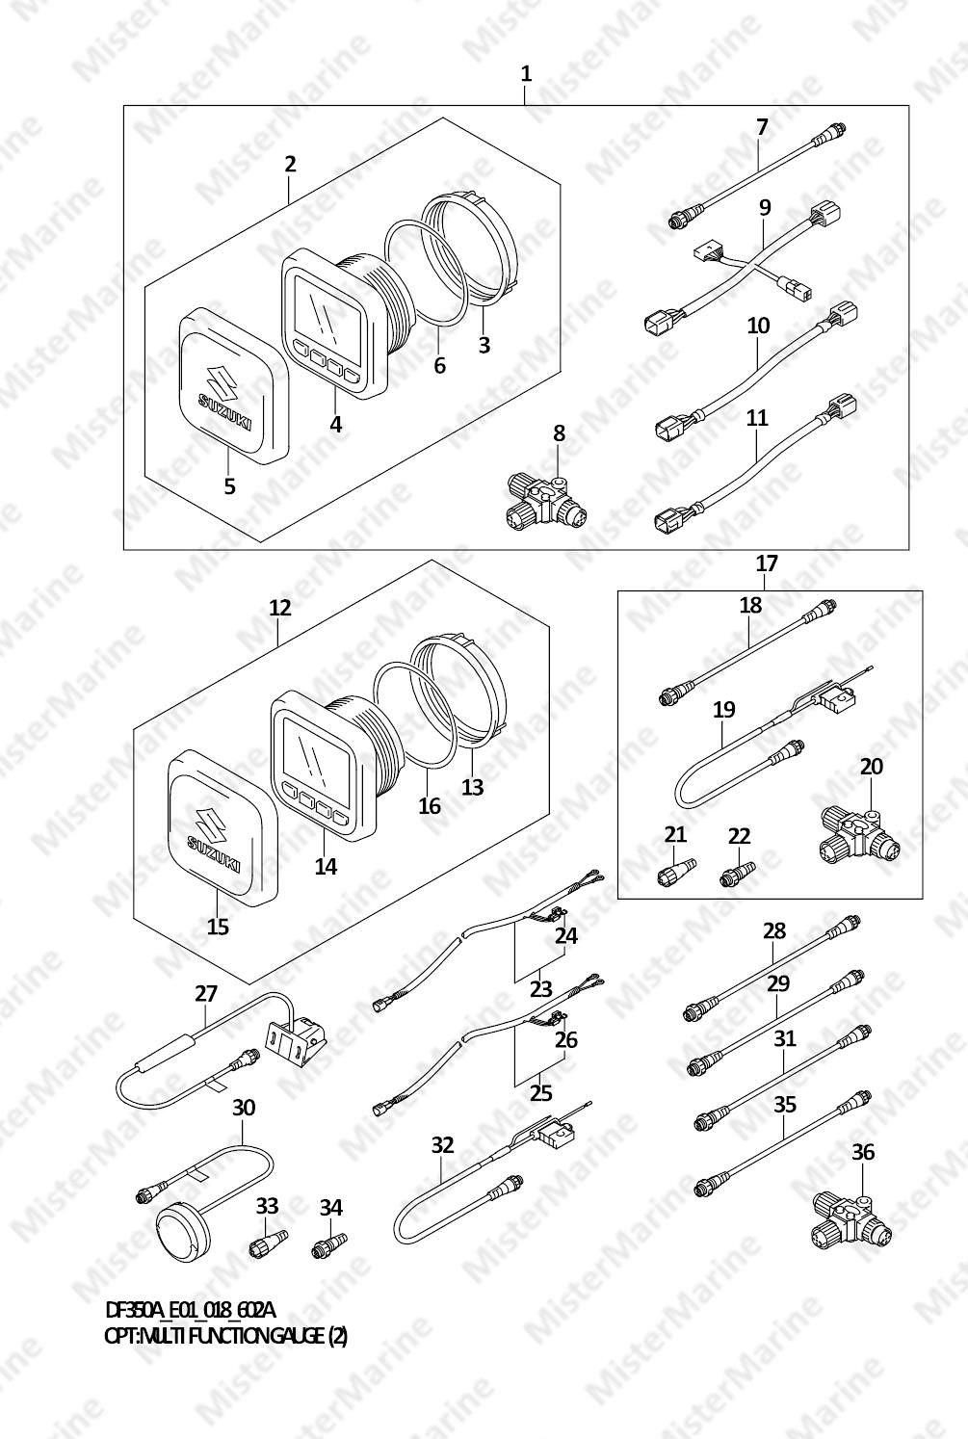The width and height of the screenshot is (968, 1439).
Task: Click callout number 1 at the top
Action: pos(526,74)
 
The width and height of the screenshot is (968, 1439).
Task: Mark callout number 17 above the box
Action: pos(767,563)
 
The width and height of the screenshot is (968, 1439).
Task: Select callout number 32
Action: pos(442,1145)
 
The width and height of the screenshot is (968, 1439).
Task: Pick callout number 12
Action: pos(280,607)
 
